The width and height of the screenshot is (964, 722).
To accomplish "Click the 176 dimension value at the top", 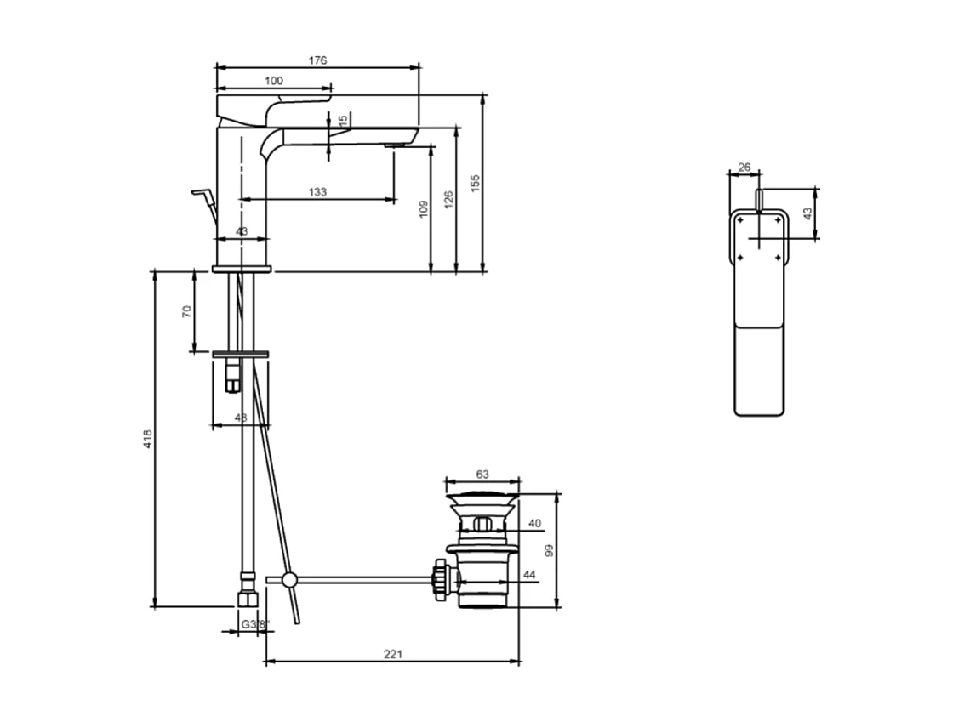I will (x=317, y=60).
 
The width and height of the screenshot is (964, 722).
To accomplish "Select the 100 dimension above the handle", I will (x=273, y=81).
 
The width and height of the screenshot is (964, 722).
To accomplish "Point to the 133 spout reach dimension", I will (x=317, y=192).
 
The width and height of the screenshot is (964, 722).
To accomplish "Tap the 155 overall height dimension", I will (x=476, y=184).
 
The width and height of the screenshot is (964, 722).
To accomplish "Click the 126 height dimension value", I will (x=449, y=199).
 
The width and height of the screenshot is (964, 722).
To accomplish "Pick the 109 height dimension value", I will (x=424, y=209).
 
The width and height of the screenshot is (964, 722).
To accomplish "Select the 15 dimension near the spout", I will (x=343, y=122).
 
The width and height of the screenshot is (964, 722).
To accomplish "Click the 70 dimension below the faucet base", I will (x=187, y=310).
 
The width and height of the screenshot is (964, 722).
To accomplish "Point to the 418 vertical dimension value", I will (x=147, y=439).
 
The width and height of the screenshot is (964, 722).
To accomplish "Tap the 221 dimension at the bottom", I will (x=392, y=654).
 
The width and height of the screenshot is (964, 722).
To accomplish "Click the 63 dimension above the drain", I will (x=482, y=474).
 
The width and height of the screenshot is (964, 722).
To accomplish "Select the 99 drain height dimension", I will (x=549, y=550).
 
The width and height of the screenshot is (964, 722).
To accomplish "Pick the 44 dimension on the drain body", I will (x=529, y=576).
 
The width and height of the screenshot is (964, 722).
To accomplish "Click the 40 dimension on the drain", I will (x=534, y=523).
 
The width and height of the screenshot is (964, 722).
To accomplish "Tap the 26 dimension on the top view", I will (x=744, y=168).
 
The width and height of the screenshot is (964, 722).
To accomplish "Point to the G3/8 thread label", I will (x=253, y=624).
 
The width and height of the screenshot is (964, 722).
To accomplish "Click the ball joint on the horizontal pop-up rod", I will (x=289, y=580).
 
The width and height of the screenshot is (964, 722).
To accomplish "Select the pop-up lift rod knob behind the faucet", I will (x=202, y=194).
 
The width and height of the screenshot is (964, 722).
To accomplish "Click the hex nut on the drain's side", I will (x=440, y=580).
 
